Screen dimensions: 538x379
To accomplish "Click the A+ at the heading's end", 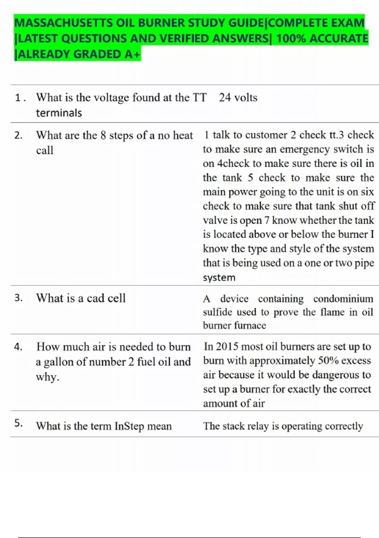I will (132, 54).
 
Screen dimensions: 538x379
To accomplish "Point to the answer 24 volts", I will (238, 97).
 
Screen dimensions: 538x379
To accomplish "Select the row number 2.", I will (18, 135).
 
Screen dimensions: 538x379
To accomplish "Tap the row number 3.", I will (18, 298).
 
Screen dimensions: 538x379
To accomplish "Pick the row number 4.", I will (18, 347).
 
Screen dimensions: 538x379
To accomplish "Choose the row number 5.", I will (18, 423).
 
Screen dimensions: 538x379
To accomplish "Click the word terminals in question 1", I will (59, 113).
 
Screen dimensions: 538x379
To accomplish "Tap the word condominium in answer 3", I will (343, 299).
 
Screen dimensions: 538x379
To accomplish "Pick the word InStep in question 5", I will (129, 426).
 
